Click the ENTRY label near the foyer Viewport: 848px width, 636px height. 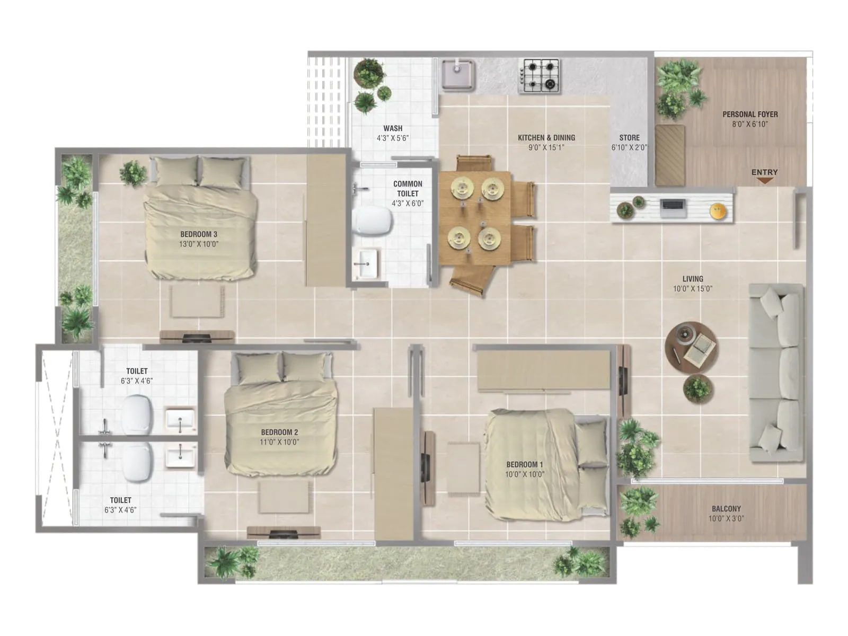(764, 172)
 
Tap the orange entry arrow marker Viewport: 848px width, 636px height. (764, 181)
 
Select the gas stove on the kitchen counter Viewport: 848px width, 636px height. (540, 75)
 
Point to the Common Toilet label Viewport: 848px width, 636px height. (408, 189)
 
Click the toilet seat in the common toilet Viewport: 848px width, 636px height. (373, 220)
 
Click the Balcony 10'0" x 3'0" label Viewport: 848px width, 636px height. (726, 513)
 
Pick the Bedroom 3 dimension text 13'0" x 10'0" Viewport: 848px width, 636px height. (199, 244)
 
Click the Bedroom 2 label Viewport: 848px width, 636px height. (279, 432)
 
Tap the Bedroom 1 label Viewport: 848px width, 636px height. (524, 464)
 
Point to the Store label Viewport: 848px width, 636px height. (629, 137)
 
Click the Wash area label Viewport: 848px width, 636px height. (393, 128)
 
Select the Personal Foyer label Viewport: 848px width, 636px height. (750, 114)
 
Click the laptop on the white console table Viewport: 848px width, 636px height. (674, 207)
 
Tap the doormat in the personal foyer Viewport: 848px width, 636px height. (669, 155)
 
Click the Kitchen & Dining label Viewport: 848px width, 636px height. (546, 137)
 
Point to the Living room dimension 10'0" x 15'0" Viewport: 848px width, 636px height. (693, 289)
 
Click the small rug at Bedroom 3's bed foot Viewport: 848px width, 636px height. (197, 302)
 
